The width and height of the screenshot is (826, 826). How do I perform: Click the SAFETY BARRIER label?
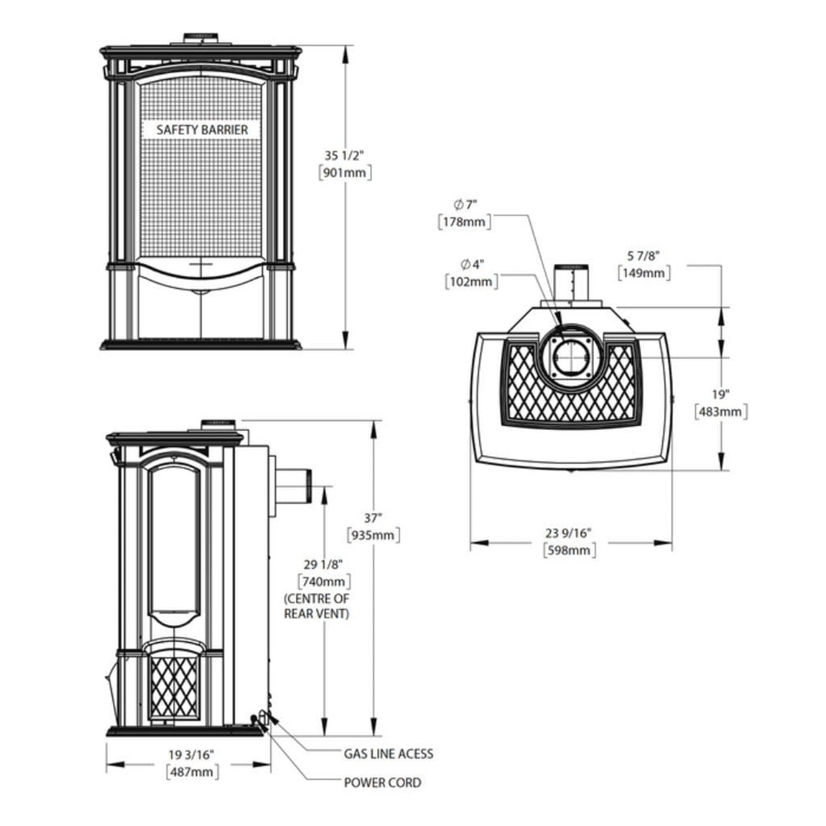point(202,130)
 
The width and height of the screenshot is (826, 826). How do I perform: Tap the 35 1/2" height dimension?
point(344,155)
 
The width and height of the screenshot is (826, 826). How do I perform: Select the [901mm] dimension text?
point(344,172)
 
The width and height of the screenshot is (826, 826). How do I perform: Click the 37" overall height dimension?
point(373,518)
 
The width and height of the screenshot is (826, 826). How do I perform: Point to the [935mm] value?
point(373,535)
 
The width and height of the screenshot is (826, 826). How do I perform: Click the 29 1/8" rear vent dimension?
point(324,565)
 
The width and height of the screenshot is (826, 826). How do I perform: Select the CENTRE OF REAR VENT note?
point(317,606)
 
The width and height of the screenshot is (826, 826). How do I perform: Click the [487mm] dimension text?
point(192,772)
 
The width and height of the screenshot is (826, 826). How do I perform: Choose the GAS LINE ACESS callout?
point(388,754)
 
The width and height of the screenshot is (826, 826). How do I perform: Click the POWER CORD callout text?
point(382,783)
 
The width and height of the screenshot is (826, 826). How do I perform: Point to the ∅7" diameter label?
point(465,205)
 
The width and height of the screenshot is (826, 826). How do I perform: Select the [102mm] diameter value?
point(471,281)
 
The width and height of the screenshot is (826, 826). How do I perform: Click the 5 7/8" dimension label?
point(644,256)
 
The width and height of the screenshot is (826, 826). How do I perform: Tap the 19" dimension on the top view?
point(721,394)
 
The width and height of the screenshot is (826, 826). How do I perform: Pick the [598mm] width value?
point(568,550)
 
